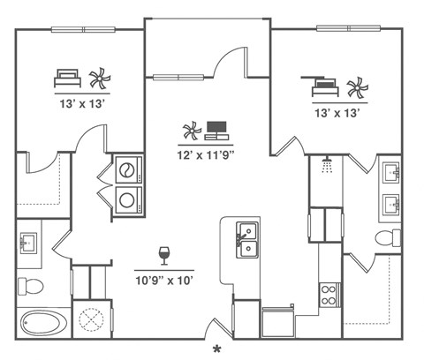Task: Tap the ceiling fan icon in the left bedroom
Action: [99, 79]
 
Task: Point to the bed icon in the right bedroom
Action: [324, 86]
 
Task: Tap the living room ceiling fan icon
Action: [192, 132]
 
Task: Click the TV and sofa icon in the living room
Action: [216, 131]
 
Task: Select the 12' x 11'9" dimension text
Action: [206, 154]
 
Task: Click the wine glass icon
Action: [163, 256]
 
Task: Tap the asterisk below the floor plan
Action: [216, 350]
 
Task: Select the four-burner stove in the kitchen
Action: [329, 294]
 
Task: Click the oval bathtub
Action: [42, 322]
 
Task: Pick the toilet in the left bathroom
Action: [32, 285]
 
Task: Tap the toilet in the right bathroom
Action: [388, 237]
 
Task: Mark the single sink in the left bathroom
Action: [28, 241]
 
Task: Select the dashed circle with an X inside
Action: [91, 319]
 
